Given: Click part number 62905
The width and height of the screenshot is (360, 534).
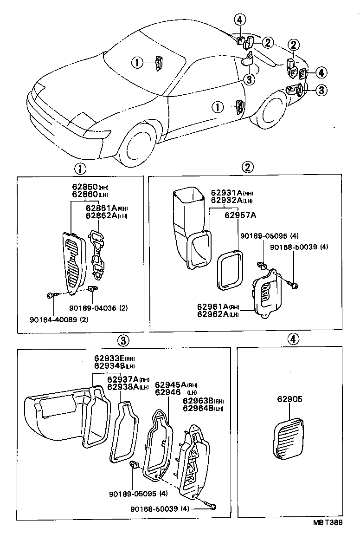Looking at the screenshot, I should pyautogui.click(x=290, y=398).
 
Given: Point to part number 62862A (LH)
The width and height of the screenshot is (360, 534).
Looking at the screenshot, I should pyautogui.click(x=100, y=215).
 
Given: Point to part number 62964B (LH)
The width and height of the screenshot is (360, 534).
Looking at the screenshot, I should pyautogui.click(x=198, y=408).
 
